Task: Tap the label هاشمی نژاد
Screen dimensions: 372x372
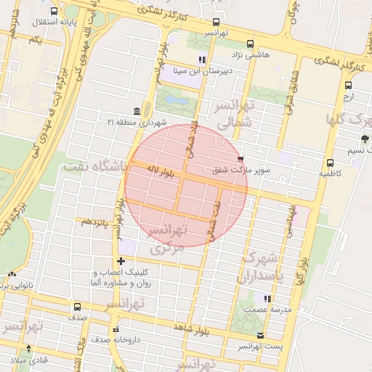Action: point(251,55)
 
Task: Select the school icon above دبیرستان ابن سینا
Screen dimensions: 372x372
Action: point(202,60)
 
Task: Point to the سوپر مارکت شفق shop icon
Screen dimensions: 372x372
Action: point(240,158)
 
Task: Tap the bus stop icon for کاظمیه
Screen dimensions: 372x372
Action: point(330,163)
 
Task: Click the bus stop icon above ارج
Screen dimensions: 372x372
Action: point(348,85)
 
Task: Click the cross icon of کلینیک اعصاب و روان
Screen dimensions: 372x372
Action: point(121,261)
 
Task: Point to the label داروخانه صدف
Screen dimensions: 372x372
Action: point(114,339)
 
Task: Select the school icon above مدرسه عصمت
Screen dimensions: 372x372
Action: point(267,298)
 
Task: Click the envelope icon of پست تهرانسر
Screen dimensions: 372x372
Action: point(261,335)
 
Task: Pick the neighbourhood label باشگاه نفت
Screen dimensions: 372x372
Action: point(94,166)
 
